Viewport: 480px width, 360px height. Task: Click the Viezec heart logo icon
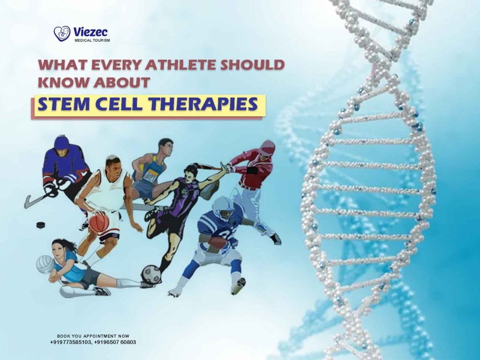(62, 33)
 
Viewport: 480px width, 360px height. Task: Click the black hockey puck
(41, 225)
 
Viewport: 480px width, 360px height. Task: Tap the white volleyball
(45, 264)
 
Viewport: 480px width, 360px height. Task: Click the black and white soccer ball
(151, 274)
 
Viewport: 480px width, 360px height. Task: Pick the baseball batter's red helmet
(267, 148)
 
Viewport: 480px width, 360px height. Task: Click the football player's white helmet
(222, 206)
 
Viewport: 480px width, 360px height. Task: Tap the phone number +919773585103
(71, 342)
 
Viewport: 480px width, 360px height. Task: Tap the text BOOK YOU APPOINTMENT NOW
(93, 336)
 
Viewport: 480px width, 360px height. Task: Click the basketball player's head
(112, 165)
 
